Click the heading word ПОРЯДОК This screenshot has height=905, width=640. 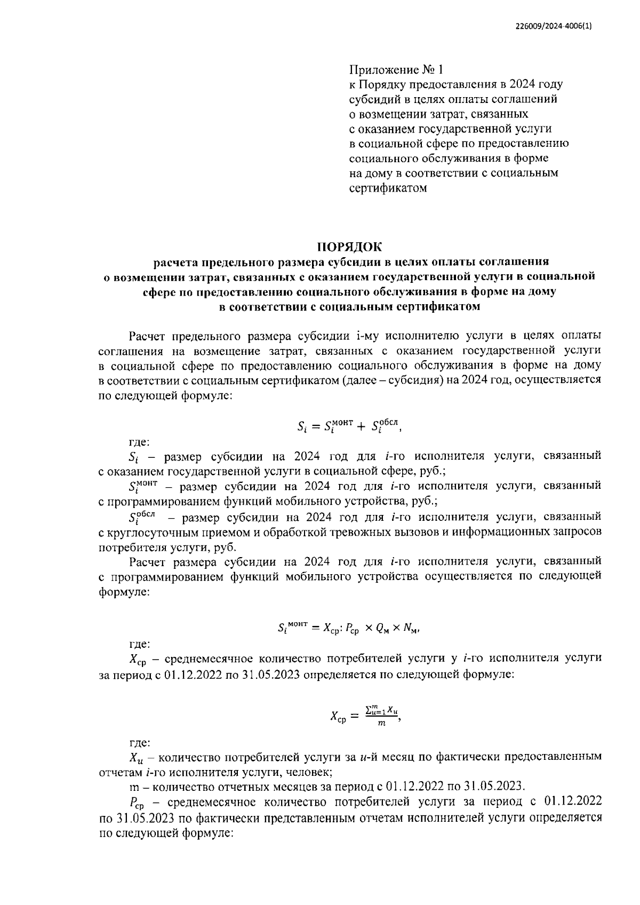[350, 247]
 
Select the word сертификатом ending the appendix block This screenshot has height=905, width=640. [388, 188]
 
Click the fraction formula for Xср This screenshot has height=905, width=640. [365, 715]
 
